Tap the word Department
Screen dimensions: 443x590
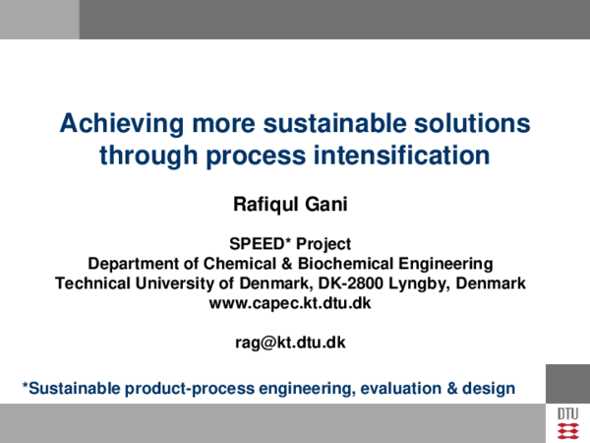(131, 263)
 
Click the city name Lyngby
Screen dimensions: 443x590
(425, 283)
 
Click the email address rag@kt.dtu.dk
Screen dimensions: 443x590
(290, 342)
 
